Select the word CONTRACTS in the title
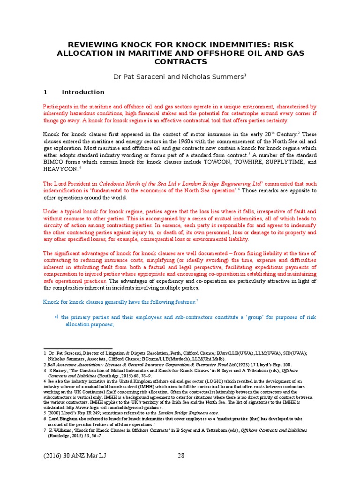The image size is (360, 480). click(180, 61)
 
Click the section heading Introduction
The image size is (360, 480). click(83, 92)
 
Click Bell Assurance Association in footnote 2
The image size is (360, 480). click(69, 364)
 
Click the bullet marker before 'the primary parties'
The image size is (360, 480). click(56, 317)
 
